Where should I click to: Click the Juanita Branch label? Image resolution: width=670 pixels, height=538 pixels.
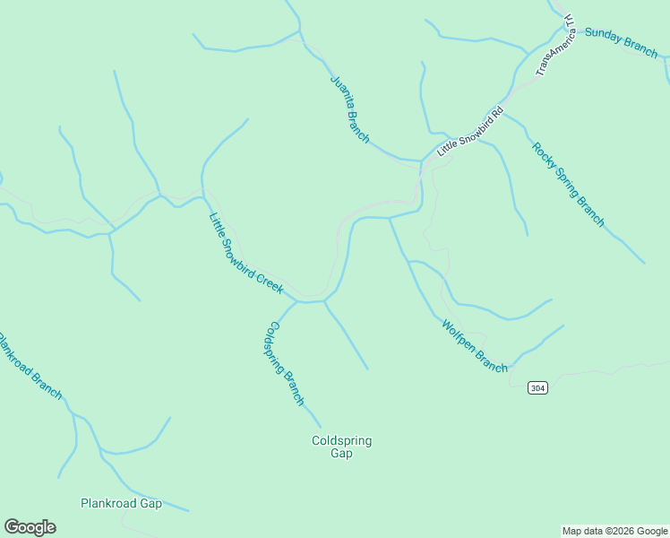(x=349, y=108)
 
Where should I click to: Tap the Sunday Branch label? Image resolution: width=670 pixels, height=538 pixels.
(x=621, y=42)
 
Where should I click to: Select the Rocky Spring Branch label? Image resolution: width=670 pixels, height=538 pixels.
(x=568, y=185)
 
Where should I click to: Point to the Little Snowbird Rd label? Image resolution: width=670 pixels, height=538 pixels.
(x=471, y=133)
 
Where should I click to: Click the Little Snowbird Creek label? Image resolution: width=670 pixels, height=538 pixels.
(x=245, y=254)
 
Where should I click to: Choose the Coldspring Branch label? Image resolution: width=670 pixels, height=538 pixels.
(x=285, y=363)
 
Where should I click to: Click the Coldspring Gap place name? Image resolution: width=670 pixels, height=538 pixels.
(x=341, y=447)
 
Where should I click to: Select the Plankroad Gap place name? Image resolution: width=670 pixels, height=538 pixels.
(x=121, y=503)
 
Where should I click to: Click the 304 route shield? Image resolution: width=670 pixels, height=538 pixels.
(x=537, y=388)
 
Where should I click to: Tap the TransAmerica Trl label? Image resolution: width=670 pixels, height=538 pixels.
(x=555, y=45)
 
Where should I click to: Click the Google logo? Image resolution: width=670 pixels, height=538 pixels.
(x=30, y=527)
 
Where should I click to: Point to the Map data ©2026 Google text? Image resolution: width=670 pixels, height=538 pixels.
(x=614, y=531)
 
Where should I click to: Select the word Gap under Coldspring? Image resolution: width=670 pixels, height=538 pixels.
(x=341, y=454)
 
